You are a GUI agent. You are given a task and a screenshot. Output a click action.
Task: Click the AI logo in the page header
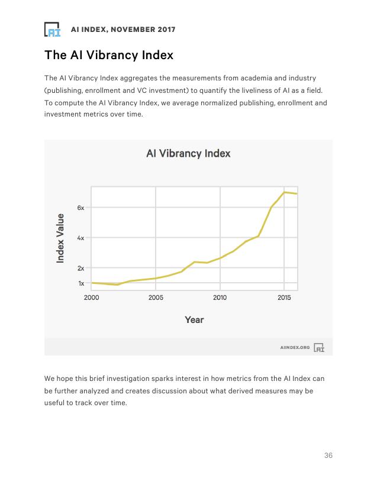pos(52,29)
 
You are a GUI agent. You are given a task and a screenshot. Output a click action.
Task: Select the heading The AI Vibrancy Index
pos(109,55)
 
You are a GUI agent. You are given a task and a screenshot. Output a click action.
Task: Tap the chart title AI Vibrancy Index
pos(188,153)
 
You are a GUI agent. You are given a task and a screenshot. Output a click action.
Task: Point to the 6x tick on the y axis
pos(80,208)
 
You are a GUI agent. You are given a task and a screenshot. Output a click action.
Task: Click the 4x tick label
pos(80,238)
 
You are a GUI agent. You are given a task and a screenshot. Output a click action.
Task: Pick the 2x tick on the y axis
pos(80,269)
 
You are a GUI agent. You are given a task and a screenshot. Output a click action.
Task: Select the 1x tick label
pos(81,283)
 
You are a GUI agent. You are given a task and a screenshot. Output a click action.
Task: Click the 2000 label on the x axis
pos(92,298)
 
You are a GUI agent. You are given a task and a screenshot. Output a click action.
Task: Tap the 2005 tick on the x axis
pos(156,298)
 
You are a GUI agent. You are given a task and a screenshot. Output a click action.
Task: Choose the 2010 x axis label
pos(220,298)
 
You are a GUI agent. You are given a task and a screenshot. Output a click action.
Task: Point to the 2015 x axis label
pos(284,298)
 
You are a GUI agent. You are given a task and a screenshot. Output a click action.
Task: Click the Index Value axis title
pos(60,238)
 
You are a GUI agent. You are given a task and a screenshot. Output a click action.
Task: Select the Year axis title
pos(194,319)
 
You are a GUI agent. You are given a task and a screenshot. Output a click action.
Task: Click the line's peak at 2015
pos(284,192)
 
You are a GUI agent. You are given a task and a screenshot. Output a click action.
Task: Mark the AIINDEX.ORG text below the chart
pos(295,347)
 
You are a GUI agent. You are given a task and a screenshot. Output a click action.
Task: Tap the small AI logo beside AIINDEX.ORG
pos(319,347)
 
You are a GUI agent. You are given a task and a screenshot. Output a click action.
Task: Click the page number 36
pos(328,455)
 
